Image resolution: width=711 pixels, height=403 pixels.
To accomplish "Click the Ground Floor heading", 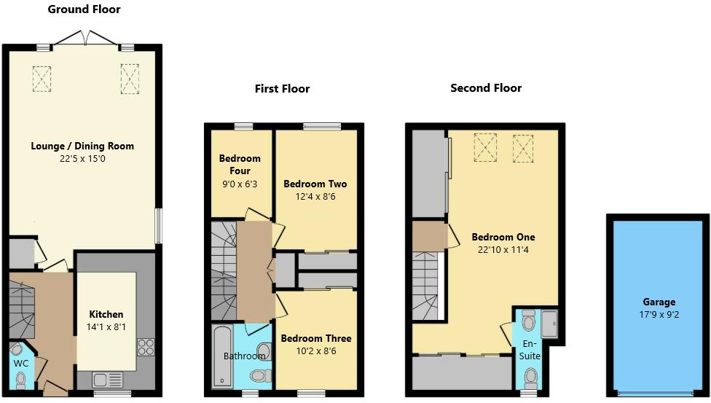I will pyautogui.click(x=84, y=9).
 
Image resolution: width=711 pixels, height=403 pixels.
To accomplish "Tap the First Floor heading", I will pyautogui.click(x=282, y=89).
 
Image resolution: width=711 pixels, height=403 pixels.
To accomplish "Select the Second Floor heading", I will pyautogui.click(x=486, y=88).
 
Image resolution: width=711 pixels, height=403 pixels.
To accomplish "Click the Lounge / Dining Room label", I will pyautogui.click(x=82, y=146).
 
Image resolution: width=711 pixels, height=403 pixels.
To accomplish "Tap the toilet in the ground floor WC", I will pyautogui.click(x=22, y=379).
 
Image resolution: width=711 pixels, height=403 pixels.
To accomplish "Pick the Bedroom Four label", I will pyautogui.click(x=240, y=165).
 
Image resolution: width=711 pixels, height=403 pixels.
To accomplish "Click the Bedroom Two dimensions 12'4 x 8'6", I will pyautogui.click(x=315, y=197).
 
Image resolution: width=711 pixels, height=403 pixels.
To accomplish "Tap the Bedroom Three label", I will pyautogui.click(x=316, y=339).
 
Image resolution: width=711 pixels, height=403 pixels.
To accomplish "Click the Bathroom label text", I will pyautogui.click(x=244, y=356).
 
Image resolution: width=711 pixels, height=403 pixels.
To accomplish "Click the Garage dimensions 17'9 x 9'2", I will pyautogui.click(x=659, y=315).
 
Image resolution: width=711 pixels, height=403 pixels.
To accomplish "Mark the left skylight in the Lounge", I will pyautogui.click(x=42, y=79).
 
